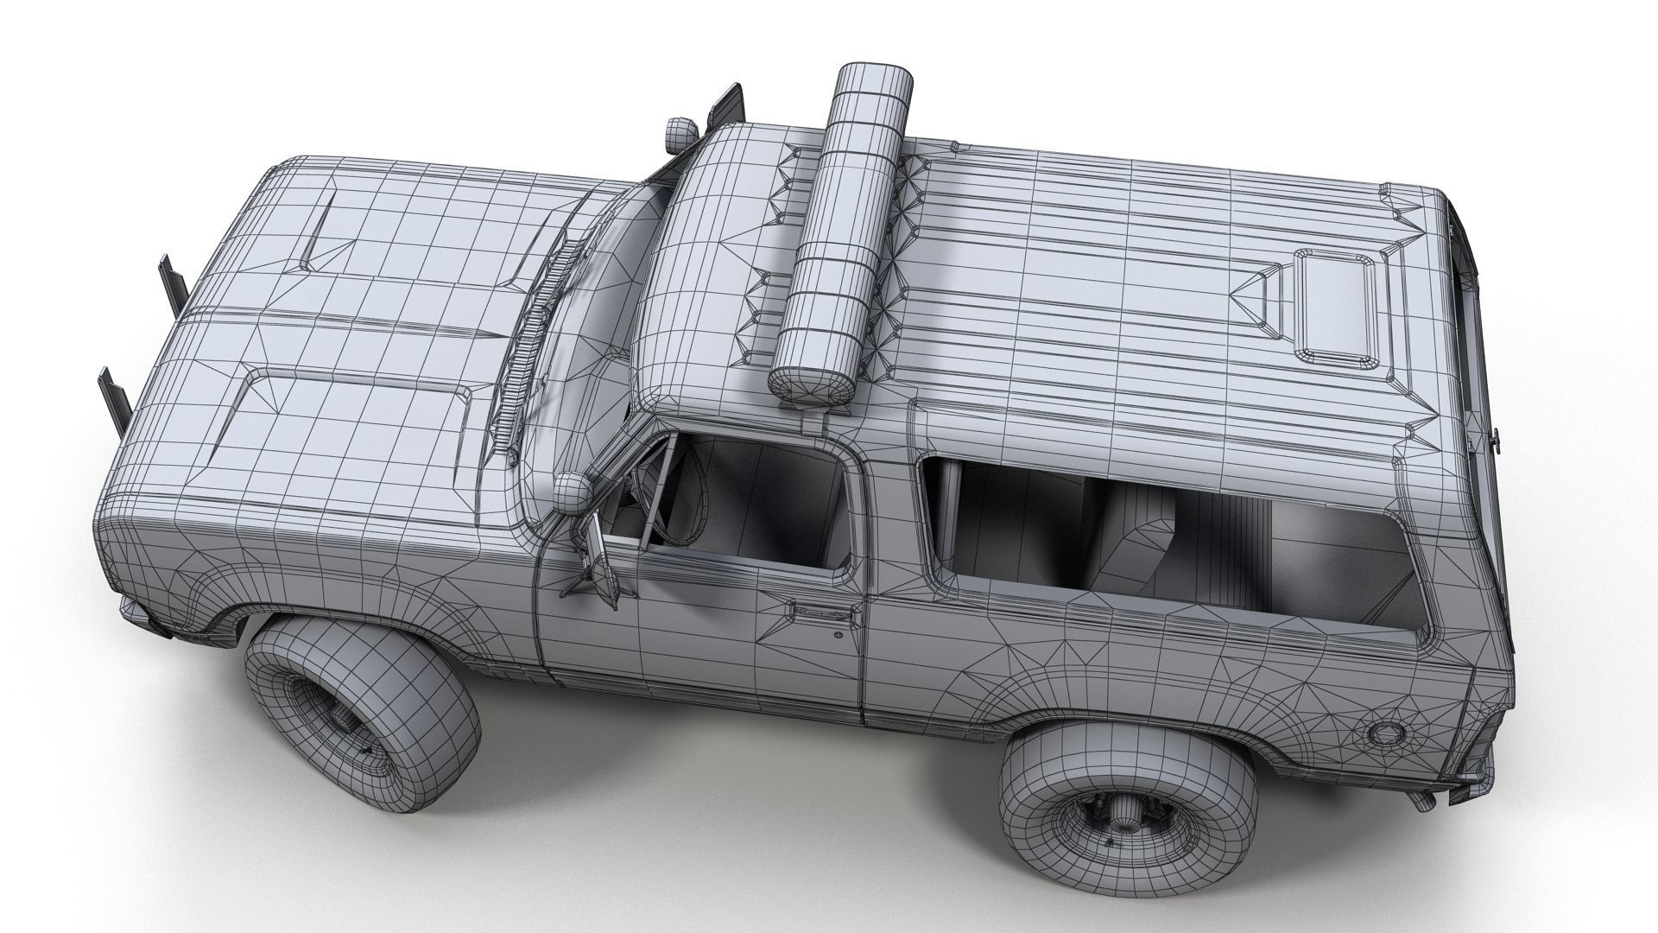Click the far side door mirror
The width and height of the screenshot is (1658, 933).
725,104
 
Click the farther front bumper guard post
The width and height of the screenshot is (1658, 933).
169,281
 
